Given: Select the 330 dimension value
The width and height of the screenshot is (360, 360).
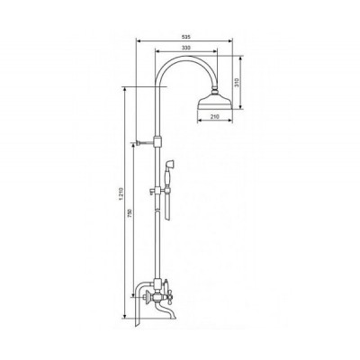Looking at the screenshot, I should coord(184,47).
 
